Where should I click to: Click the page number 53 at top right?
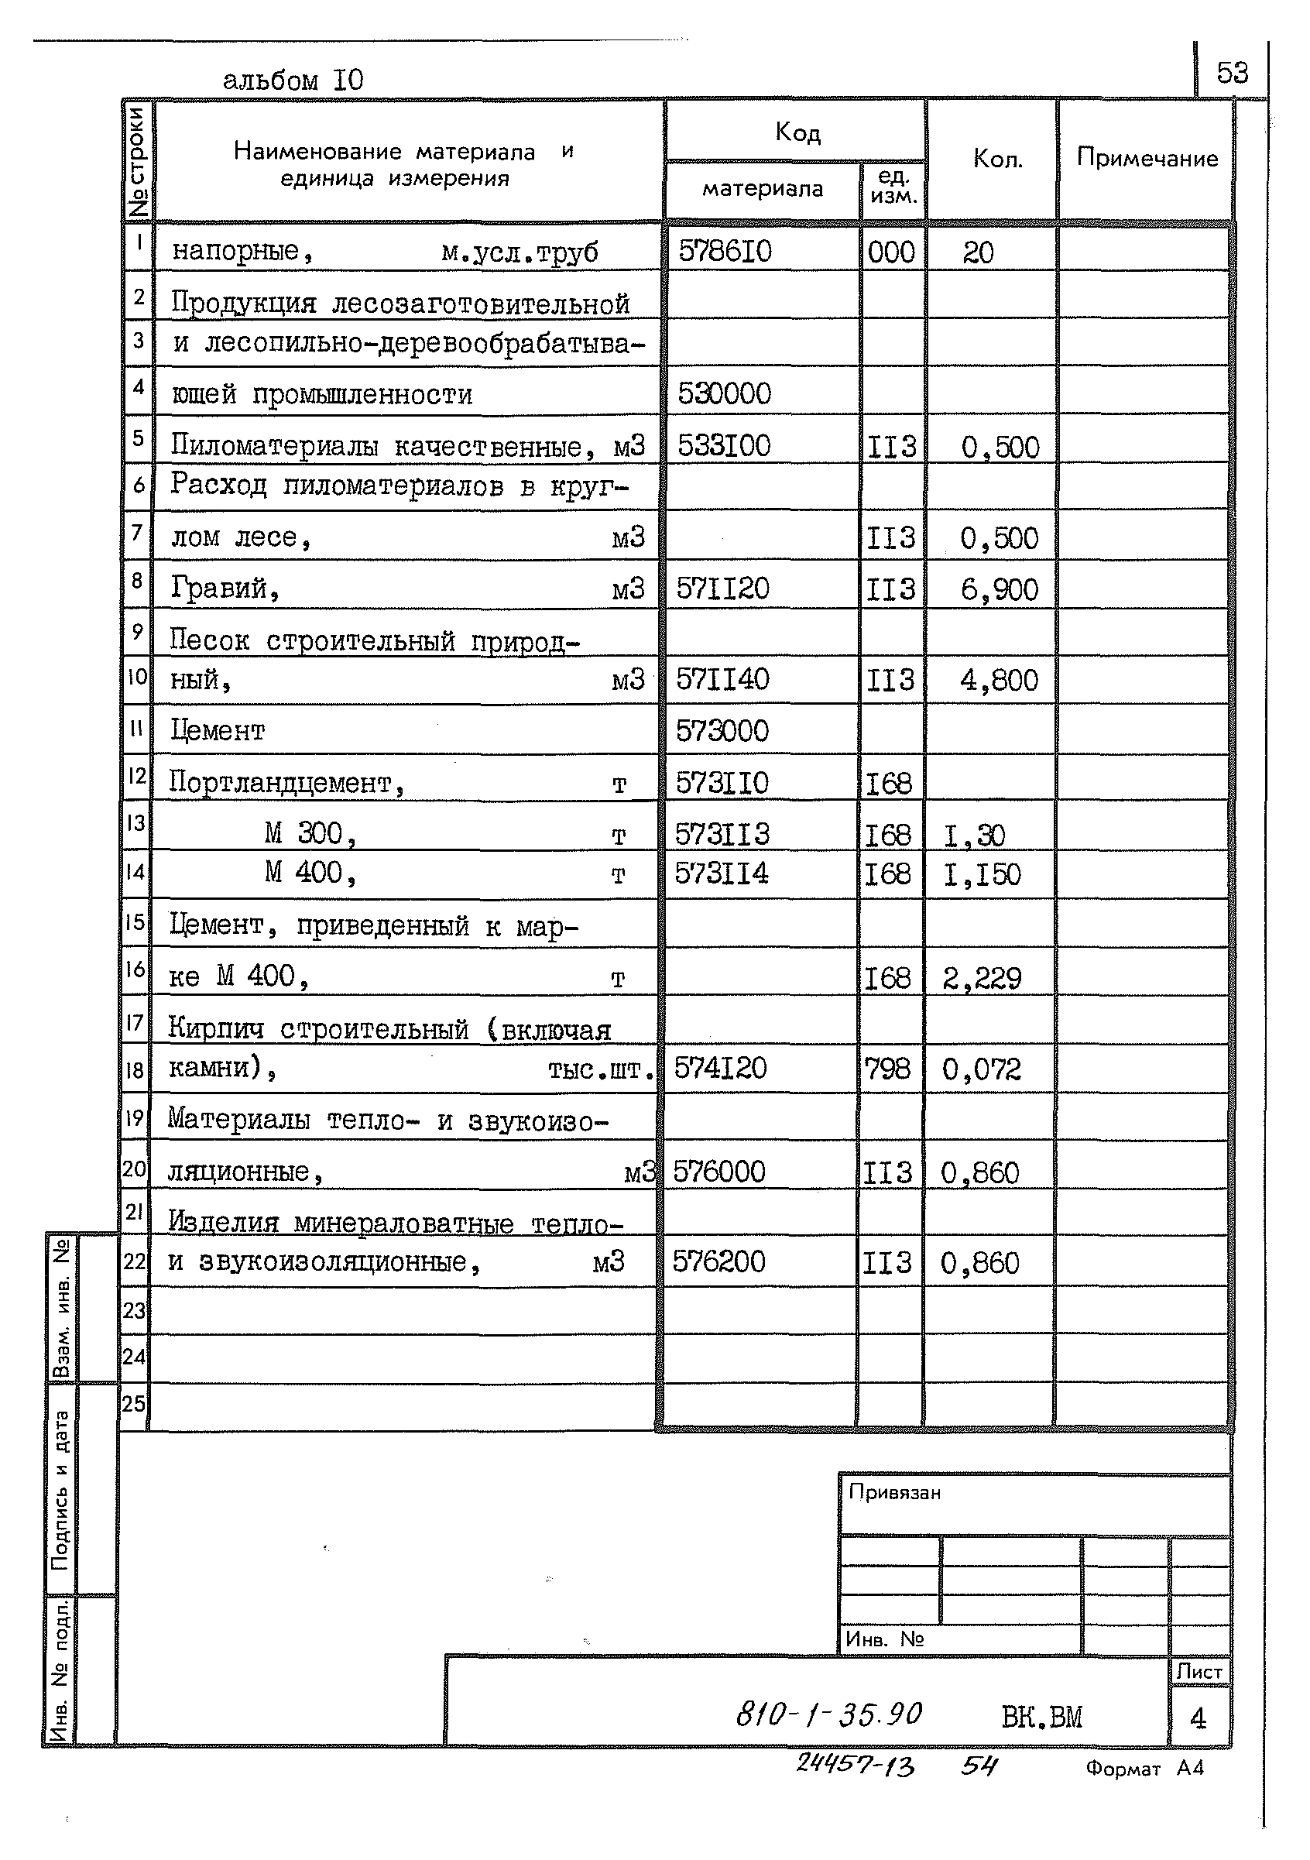pyautogui.click(x=1232, y=74)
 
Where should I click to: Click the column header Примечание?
pyautogui.click(x=1147, y=158)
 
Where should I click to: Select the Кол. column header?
pyautogui.click(x=997, y=159)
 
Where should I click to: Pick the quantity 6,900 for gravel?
pyautogui.click(x=999, y=589)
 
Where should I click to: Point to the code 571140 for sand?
pyautogui.click(x=722, y=679)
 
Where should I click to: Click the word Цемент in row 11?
pyautogui.click(x=217, y=731)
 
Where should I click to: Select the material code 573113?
pyautogui.click(x=722, y=835)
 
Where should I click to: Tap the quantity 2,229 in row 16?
pyautogui.click(x=981, y=979)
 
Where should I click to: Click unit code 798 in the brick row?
pyautogui.click(x=887, y=1069)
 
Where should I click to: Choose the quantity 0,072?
pyautogui.click(x=981, y=1069)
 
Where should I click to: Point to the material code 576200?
pyautogui.click(x=718, y=1261)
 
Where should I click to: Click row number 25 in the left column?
pyautogui.click(x=134, y=1403)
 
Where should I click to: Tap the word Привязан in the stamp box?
pyautogui.click(x=894, y=1492)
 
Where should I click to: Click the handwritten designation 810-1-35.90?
pyautogui.click(x=828, y=1714)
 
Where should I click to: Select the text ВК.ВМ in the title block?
pyautogui.click(x=1041, y=1717)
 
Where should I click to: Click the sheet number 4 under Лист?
pyautogui.click(x=1199, y=1718)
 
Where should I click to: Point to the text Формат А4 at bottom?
pyautogui.click(x=1144, y=1769)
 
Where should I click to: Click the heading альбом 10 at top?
pyautogui.click(x=293, y=81)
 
